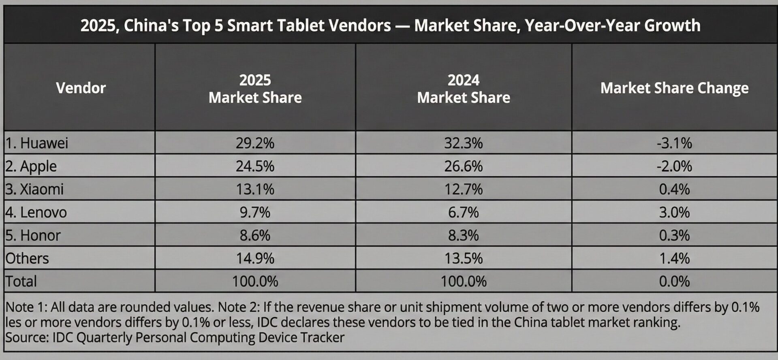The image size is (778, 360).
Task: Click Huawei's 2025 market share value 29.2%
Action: click(x=255, y=143)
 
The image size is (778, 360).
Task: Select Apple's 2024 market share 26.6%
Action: click(x=463, y=166)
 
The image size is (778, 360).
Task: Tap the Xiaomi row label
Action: click(x=34, y=189)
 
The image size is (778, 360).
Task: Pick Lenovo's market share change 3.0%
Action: click(x=674, y=212)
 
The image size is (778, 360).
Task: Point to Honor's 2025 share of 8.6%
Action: click(x=255, y=235)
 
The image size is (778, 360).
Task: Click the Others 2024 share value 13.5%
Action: click(x=463, y=258)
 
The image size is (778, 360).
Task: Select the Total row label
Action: click(x=21, y=281)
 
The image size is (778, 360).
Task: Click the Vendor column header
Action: click(x=81, y=88)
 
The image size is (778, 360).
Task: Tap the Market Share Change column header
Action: click(x=674, y=88)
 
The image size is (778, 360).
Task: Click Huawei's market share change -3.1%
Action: click(x=674, y=143)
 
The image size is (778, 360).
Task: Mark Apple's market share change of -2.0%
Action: click(x=674, y=166)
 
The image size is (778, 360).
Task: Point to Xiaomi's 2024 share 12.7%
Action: click(x=463, y=189)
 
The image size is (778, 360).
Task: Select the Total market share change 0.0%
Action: click(x=674, y=281)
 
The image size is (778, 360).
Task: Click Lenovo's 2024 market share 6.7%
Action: click(x=463, y=212)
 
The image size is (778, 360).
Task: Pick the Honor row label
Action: click(x=33, y=235)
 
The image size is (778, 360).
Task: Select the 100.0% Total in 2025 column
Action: click(x=255, y=281)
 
